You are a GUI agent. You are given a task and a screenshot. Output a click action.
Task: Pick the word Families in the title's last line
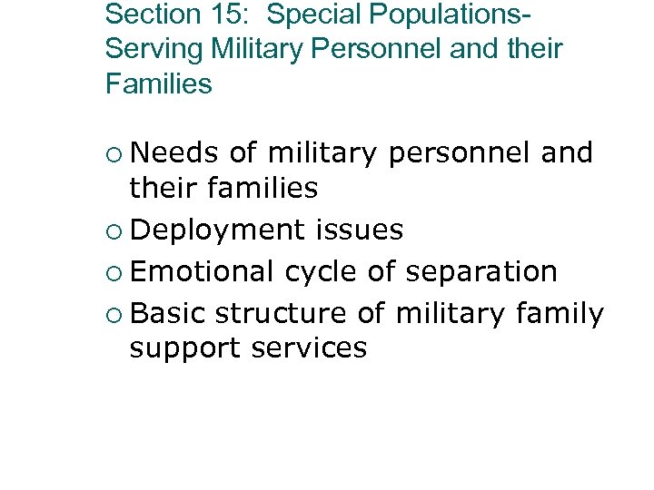(x=158, y=84)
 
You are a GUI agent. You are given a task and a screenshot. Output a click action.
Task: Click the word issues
(x=360, y=230)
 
